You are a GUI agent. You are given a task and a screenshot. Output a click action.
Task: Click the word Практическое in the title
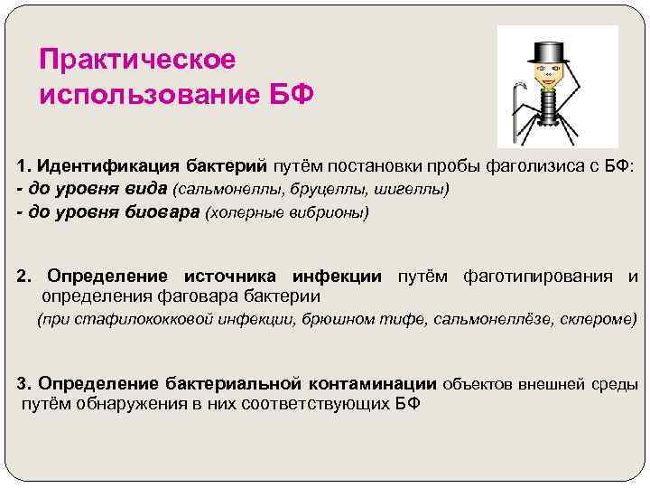(137, 59)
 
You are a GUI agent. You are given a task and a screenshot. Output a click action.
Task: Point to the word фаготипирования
(538, 276)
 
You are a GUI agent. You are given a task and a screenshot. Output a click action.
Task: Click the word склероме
(600, 320)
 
